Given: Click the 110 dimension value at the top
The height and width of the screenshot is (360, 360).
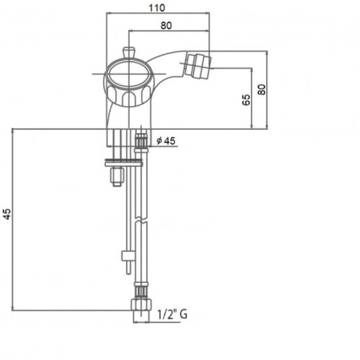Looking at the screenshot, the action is pos(157,8).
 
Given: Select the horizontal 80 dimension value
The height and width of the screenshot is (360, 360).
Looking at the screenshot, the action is pos(166,25).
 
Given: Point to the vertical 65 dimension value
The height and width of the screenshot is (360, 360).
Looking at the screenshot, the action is pos(246,100).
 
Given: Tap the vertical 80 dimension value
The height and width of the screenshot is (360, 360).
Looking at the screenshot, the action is pos(261,89).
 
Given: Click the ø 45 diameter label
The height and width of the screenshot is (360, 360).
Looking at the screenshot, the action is pos(166,140).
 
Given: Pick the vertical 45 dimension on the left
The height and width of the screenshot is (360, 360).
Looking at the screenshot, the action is pos(7,214).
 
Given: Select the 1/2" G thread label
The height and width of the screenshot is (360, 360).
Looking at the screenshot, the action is pos(172,314).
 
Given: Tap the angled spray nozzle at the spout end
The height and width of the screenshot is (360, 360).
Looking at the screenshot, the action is pos(197,66).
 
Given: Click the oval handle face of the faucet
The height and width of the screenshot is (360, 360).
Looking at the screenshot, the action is pos(129,74).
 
